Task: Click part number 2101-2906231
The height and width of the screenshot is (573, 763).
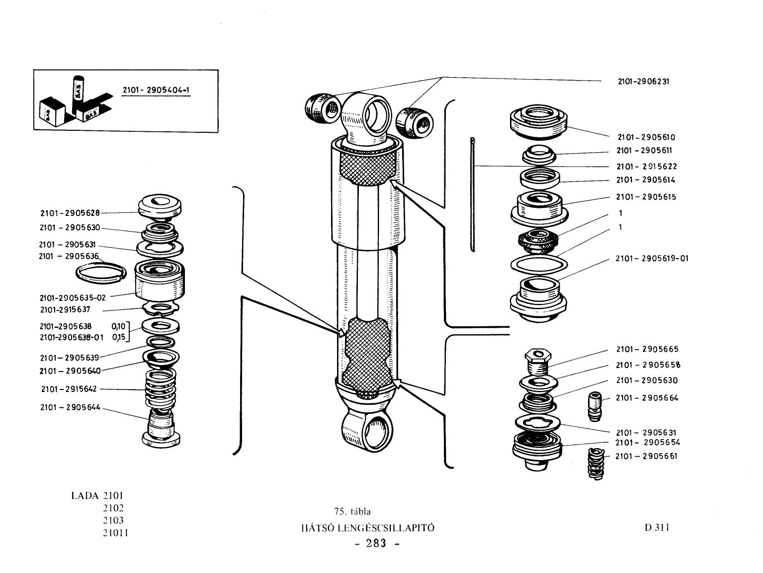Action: point(643,82)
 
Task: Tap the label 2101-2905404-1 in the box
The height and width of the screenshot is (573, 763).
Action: point(156,90)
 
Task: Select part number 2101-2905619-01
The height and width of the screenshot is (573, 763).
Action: point(652,258)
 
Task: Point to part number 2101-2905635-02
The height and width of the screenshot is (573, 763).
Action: point(72,297)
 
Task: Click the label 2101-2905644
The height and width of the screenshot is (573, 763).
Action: point(70,407)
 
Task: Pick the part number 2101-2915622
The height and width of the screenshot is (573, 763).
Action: point(647,167)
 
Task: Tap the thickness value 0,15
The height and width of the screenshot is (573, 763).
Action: point(118,337)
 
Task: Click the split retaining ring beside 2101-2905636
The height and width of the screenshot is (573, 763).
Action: point(101,273)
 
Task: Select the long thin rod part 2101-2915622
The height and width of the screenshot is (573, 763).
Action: point(472,194)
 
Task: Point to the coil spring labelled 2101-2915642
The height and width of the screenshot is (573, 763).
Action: point(160,388)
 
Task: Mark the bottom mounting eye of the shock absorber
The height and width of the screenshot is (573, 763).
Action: point(367,431)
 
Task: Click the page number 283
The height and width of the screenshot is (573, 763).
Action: point(376,544)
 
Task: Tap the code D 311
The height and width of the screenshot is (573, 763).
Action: point(657,527)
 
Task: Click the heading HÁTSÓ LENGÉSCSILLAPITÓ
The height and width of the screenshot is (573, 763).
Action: point(368,528)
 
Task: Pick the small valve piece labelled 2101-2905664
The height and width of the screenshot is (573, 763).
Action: point(595,406)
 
